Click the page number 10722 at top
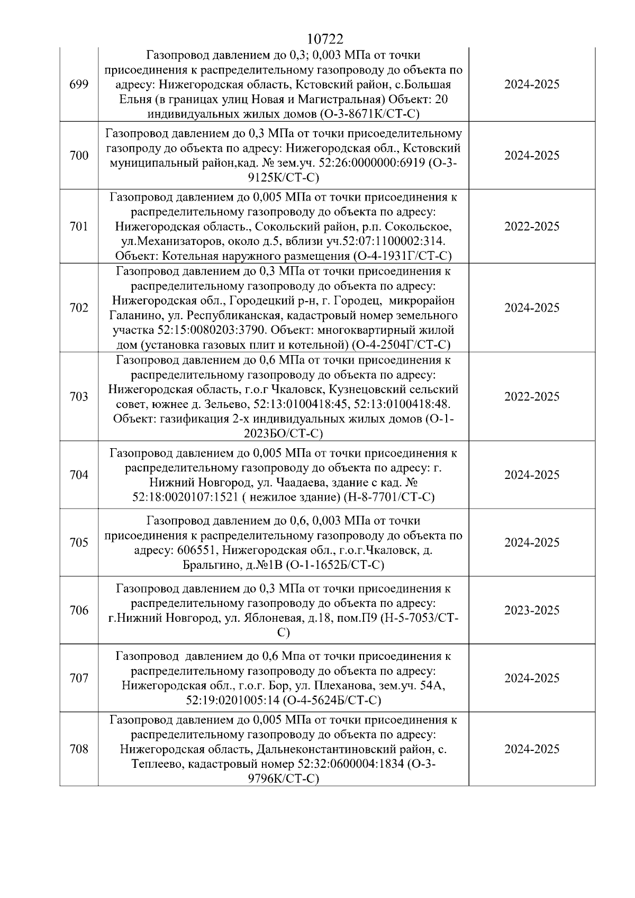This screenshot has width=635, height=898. [x=324, y=39]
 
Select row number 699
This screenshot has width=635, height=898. [x=79, y=85]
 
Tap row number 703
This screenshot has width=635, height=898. [x=79, y=396]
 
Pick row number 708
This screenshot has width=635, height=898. [x=79, y=749]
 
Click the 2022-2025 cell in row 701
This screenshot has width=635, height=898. [x=531, y=226]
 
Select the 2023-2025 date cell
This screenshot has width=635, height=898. [x=531, y=610]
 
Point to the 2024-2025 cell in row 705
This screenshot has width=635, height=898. [x=531, y=542]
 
